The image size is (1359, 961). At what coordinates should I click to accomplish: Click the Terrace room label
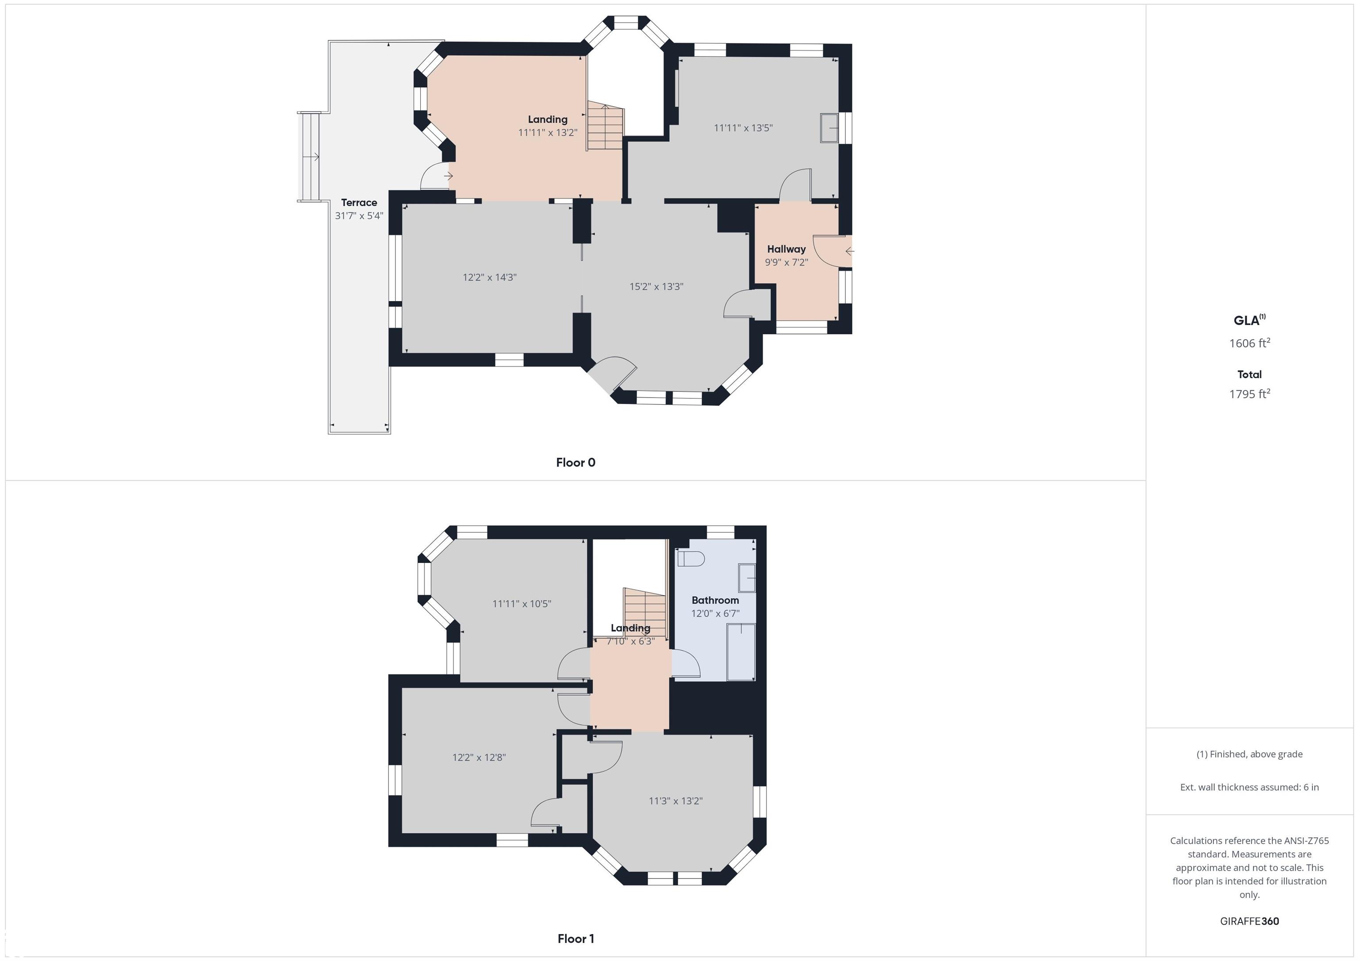pyautogui.click(x=359, y=203)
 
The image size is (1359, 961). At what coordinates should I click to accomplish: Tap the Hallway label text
pyautogui.click(x=786, y=249)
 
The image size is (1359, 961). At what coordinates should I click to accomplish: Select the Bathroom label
pyautogui.click(x=715, y=600)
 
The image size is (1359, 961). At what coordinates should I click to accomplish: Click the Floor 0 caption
pyautogui.click(x=576, y=463)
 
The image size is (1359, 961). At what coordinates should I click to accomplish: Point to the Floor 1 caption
pyautogui.click(x=576, y=938)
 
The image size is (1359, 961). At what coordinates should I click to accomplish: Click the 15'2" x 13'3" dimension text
pyautogui.click(x=656, y=287)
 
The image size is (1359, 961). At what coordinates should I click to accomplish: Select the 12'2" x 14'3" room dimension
pyautogui.click(x=490, y=277)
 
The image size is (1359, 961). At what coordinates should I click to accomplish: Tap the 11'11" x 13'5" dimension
pyautogui.click(x=743, y=128)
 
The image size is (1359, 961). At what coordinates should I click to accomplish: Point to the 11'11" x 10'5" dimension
pyautogui.click(x=522, y=604)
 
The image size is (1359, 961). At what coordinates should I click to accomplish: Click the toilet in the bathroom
pyautogui.click(x=690, y=559)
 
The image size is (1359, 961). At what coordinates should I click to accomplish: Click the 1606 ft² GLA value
pyautogui.click(x=1249, y=343)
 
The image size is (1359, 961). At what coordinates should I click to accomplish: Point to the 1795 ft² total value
pyautogui.click(x=1249, y=394)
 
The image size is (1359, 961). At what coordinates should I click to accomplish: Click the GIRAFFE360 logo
pyautogui.click(x=1249, y=921)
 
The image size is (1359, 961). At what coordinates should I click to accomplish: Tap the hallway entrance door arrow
pyautogui.click(x=849, y=252)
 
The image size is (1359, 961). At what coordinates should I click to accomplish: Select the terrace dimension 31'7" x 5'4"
pyautogui.click(x=359, y=216)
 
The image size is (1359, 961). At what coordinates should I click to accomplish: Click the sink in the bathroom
pyautogui.click(x=747, y=578)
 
